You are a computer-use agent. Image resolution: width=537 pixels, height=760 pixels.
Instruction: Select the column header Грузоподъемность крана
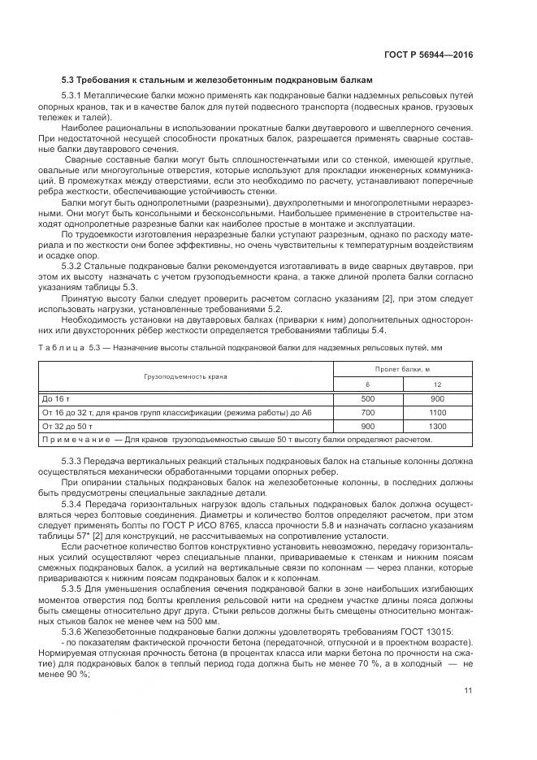click(186, 376)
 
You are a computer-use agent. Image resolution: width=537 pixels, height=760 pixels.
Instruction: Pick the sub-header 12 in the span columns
click(437, 384)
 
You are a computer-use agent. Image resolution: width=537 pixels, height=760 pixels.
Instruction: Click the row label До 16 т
click(56, 399)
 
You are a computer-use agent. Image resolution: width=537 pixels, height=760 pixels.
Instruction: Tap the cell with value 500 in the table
click(367, 399)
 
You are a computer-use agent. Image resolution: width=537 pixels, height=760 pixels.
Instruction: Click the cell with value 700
click(367, 413)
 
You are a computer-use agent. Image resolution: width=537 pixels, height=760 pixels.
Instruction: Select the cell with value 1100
click(437, 413)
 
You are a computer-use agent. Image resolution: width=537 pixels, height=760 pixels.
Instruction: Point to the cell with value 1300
click(437, 426)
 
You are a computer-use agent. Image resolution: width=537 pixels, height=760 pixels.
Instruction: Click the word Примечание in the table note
click(76, 440)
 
